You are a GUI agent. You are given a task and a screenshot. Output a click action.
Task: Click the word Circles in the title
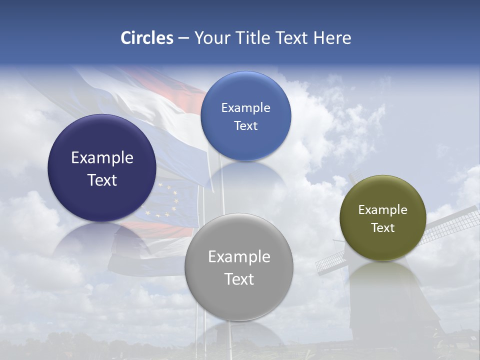(147, 38)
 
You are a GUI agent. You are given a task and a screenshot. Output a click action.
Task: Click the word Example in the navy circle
(102, 158)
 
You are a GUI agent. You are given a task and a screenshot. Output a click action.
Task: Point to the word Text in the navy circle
(102, 180)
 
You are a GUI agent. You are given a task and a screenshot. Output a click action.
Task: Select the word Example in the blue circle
(245, 108)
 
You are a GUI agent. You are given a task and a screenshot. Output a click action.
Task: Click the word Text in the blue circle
(245, 126)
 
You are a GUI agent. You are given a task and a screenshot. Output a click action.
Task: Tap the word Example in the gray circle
(239, 257)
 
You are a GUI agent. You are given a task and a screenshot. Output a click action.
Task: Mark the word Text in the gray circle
(239, 279)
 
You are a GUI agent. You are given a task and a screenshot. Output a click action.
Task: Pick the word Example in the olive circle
(382, 210)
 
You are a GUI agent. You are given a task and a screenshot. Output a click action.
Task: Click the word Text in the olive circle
(382, 228)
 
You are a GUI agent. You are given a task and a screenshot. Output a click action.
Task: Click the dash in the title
(183, 38)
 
